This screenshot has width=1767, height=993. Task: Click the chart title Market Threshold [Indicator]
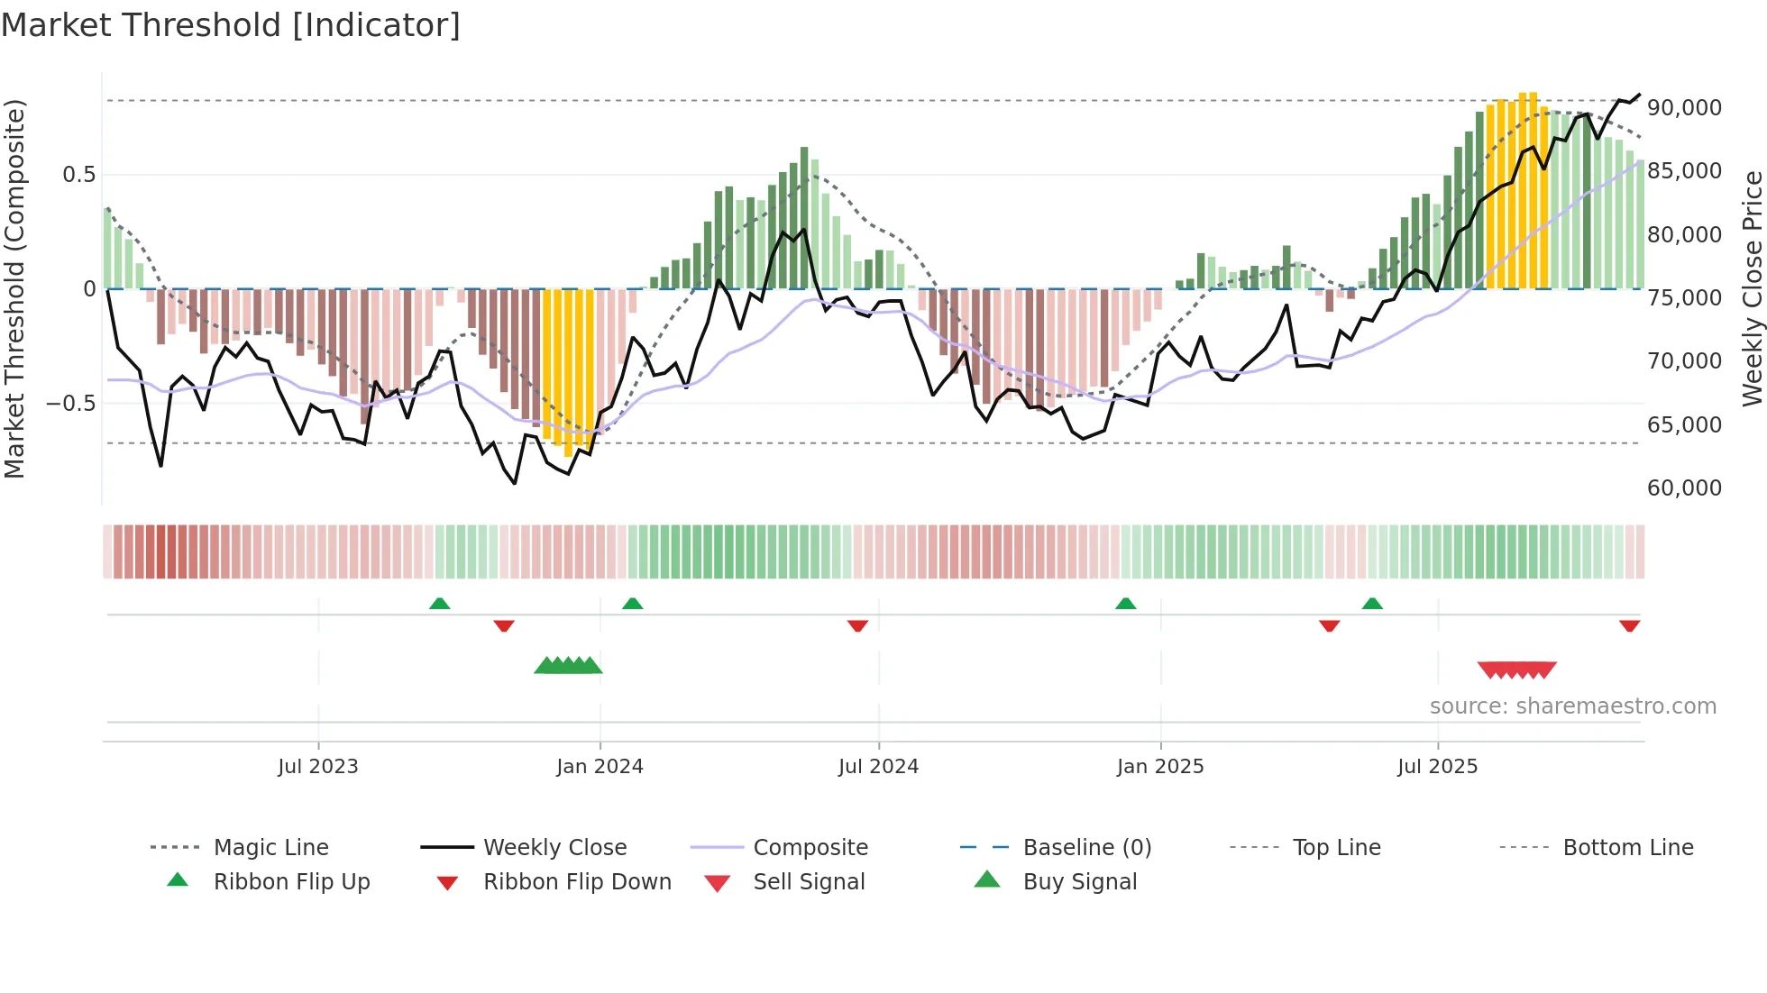pos(231,25)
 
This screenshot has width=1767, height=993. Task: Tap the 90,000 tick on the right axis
pos(1684,108)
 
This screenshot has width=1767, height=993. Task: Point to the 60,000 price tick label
pos(1684,488)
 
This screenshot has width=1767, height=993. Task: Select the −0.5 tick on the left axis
pos(70,403)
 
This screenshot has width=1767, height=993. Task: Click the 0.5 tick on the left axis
pos(78,175)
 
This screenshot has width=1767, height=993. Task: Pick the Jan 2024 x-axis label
pos(600,767)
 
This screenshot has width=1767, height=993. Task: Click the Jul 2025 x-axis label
pos(1437,767)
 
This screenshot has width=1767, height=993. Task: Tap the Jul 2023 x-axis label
pos(317,767)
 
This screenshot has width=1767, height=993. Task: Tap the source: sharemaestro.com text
pos(1572,706)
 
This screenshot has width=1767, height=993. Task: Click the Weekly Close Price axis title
pos(1752,288)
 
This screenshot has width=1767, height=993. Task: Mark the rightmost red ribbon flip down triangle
pos(1629,625)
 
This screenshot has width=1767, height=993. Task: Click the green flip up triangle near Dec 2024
pos(1125,604)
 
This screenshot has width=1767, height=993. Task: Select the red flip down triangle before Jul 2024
pos(857,625)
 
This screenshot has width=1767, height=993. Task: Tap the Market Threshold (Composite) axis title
pos(15,288)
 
